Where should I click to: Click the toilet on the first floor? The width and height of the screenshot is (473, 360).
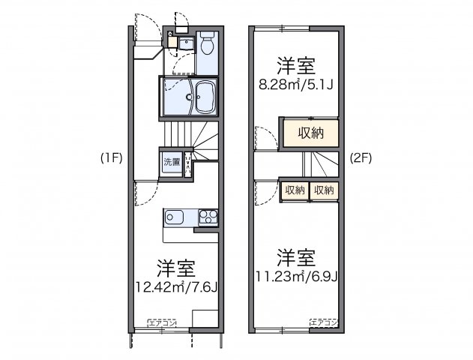[x=207, y=44]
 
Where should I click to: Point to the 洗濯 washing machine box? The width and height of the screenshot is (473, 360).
[x=172, y=162]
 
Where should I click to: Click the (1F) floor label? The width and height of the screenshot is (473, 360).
[x=109, y=158]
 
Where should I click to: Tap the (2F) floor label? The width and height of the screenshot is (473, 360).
[x=361, y=158]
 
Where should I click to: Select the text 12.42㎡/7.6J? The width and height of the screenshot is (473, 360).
[x=177, y=286]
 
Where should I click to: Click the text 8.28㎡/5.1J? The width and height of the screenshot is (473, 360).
[x=296, y=83]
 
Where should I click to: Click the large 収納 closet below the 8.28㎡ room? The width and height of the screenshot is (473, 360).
[x=309, y=134]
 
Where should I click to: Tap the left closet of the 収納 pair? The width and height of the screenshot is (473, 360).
[x=294, y=190]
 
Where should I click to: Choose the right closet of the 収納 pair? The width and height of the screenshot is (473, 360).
[x=324, y=190]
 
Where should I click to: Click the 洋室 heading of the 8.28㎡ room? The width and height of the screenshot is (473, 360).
[x=295, y=64]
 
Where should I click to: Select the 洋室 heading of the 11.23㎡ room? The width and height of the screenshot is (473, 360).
[x=295, y=256]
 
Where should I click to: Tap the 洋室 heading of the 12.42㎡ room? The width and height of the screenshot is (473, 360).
[x=177, y=268]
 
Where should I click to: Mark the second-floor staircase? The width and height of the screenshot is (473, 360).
[x=321, y=163]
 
